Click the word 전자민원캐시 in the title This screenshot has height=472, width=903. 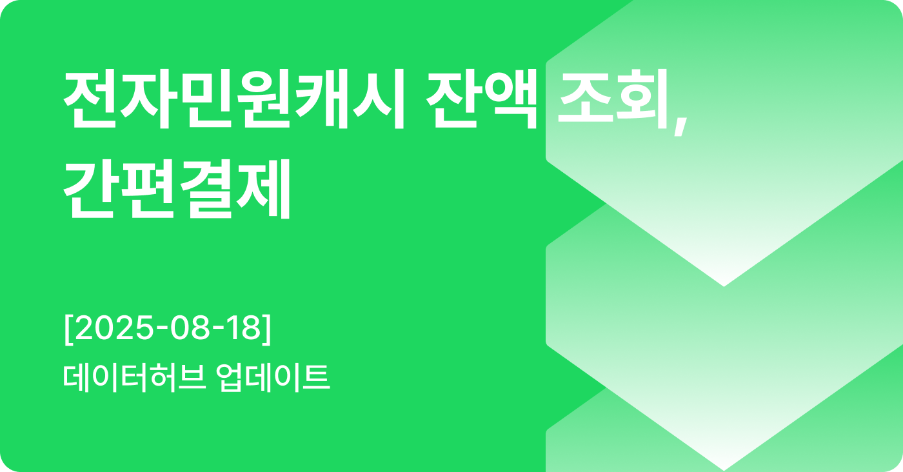pos(233,99)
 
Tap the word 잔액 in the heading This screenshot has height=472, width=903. pos(482,99)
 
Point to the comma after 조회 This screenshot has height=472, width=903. pos(680,125)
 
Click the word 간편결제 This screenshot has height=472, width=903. pos(177,189)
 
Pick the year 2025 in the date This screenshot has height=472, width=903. pos(115,328)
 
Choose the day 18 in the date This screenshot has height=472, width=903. pos(244,328)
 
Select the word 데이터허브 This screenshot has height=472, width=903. pos(135,378)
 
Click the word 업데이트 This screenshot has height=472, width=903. pos(273,378)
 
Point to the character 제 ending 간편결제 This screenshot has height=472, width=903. pos(263,189)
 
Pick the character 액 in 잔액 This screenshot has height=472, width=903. pos(510,99)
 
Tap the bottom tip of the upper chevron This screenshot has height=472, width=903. pos(724,286)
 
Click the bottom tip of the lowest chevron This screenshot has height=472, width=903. pos(724,470)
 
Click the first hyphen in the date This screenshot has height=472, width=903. pos(163,330)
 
